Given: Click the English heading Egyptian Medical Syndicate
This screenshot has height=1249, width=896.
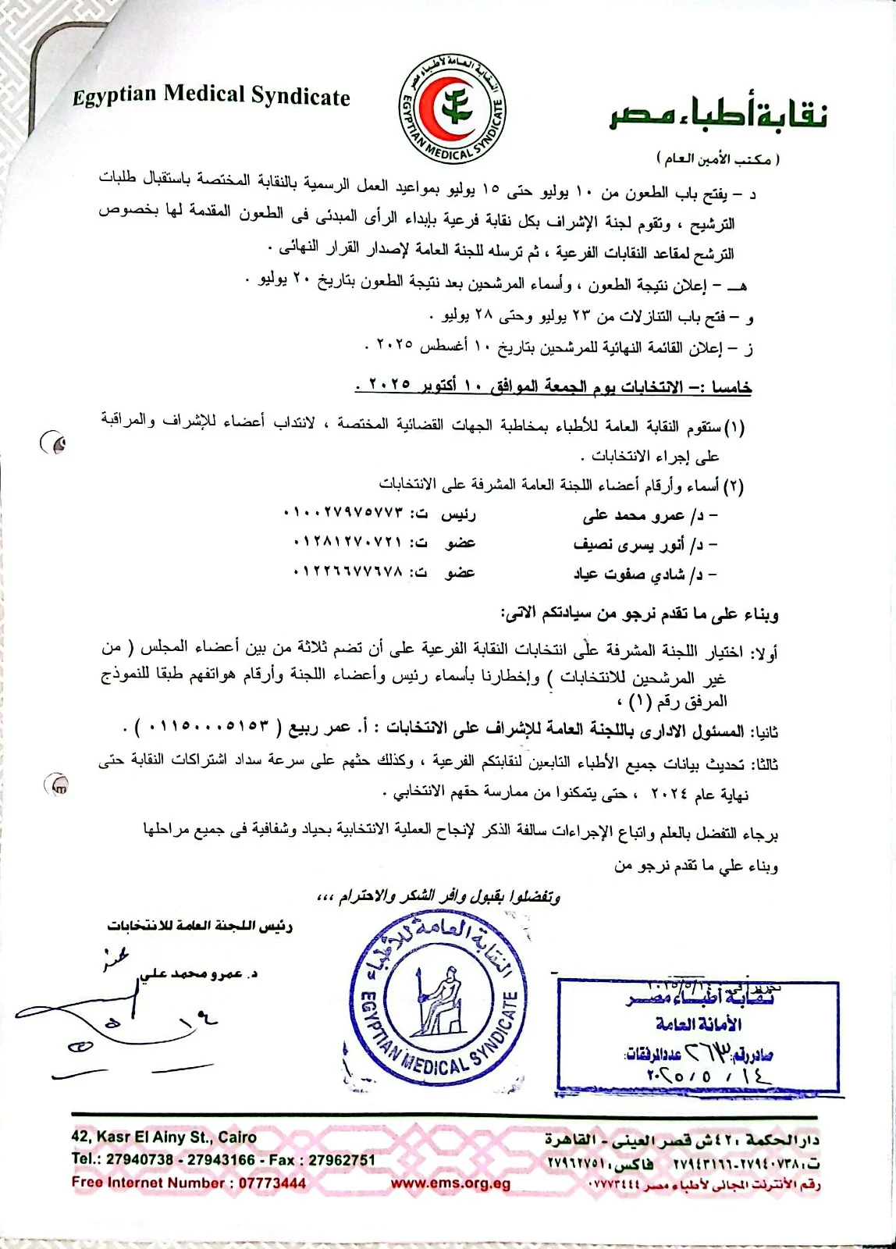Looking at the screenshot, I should click(x=211, y=96).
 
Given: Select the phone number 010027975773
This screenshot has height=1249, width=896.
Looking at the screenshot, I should click(x=344, y=514).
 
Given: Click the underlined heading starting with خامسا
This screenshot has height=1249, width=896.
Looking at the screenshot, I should click(x=553, y=386).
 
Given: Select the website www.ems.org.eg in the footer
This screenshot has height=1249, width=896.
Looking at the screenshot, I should click(x=450, y=1183).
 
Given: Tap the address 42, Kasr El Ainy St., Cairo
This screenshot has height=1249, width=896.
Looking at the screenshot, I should click(x=164, y=1137).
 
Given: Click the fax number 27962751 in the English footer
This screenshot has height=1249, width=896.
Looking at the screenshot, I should click(x=342, y=1160).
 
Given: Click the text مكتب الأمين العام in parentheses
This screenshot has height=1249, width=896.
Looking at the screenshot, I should click(x=718, y=159).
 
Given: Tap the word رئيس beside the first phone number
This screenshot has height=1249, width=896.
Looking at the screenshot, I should click(x=458, y=514).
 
